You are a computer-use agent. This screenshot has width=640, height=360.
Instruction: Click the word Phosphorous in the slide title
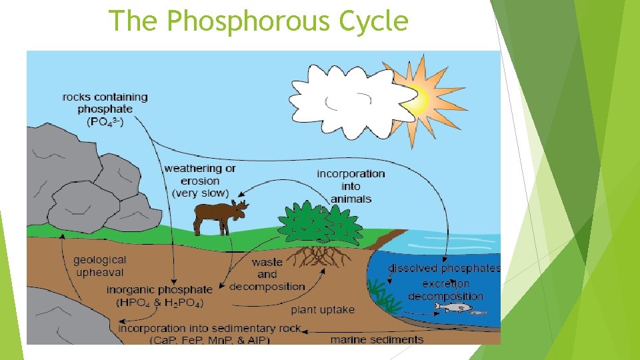[x=249, y=21]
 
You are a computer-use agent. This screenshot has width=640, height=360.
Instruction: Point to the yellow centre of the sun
[x=418, y=100]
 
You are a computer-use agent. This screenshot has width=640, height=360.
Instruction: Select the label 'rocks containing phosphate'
[x=105, y=103]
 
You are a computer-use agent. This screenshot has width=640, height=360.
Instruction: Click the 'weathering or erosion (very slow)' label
[x=200, y=181]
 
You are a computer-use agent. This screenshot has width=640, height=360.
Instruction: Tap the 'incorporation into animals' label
[x=351, y=186]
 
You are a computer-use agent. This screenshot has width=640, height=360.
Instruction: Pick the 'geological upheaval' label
[x=100, y=266]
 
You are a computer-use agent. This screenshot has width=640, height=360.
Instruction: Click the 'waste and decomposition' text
[x=267, y=274]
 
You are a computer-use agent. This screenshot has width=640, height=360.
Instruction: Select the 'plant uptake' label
[x=323, y=310]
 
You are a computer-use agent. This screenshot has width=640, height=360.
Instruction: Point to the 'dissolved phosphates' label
[x=444, y=269]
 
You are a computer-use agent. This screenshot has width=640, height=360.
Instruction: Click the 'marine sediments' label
[x=377, y=339]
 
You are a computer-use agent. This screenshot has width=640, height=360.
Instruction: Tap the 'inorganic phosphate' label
[x=159, y=290]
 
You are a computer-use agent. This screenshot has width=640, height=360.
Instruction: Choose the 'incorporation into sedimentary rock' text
[x=209, y=329]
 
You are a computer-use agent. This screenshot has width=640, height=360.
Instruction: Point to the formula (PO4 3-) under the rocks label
[x=105, y=122]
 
